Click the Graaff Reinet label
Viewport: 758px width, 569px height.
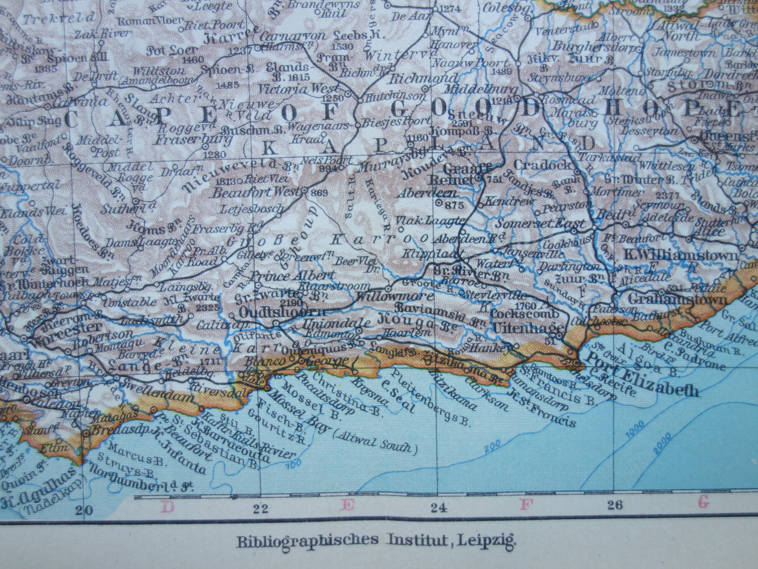coord(460,174)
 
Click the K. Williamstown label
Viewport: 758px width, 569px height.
coord(680,256)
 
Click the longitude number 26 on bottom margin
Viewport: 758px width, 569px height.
coord(614,505)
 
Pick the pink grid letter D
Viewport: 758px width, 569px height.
coord(167,507)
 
